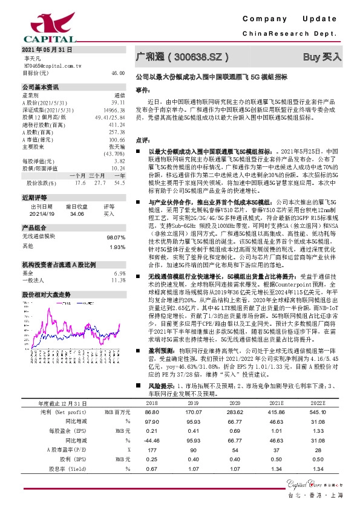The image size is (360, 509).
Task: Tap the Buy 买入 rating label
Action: pos(321,57)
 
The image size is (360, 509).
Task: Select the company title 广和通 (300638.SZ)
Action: pos(182,57)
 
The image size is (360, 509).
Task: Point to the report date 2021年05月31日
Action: pos(47,49)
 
